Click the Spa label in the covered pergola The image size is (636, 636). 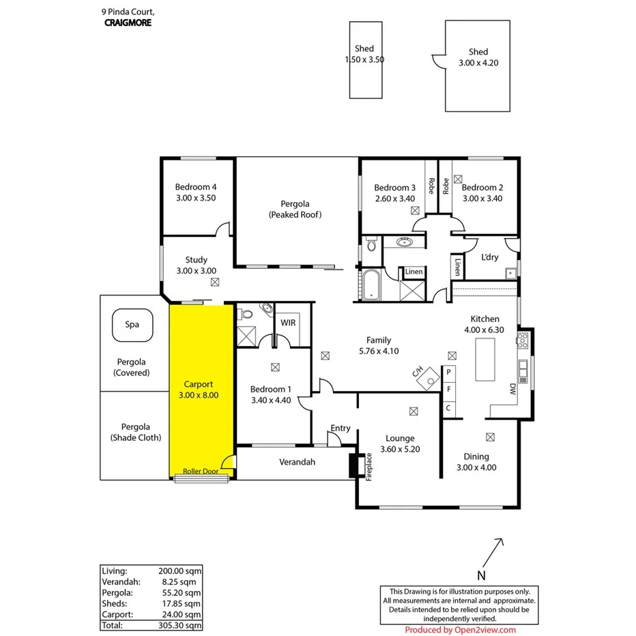pos(132,324)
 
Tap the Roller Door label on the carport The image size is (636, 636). pos(195,472)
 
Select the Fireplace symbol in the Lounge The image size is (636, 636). pos(353,465)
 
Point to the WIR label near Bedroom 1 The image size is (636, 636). pos(288,322)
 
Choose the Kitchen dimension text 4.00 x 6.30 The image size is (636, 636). pos(485,330)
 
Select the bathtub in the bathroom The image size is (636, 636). pos(371,285)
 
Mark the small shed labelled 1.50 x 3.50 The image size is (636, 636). pos(365,59)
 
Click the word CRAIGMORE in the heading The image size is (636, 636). pos(128,23)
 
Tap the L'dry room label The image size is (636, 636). pos(489,257)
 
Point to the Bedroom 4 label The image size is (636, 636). pos(196,187)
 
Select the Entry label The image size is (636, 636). pos(340,428)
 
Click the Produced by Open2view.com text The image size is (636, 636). pos(460,630)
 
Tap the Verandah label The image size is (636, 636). pos(297,462)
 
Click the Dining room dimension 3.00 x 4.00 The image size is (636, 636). pos(476,467)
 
